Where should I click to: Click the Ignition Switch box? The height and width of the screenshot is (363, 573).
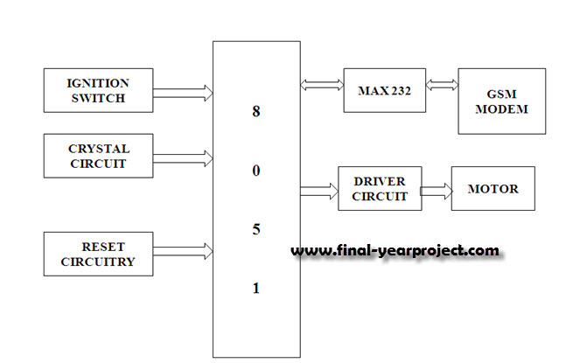coord(98,91)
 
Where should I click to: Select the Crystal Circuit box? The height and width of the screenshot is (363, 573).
coord(98,157)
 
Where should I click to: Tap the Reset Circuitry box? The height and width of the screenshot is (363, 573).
coord(98,253)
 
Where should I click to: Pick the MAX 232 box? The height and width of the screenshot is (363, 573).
coord(384,90)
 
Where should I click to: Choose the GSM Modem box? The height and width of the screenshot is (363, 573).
coord(501,101)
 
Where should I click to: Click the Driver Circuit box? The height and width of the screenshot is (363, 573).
coord(380,188)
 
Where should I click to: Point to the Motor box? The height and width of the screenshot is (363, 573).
coord(493,188)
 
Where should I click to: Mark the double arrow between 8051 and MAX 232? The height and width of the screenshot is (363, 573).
coord(321,86)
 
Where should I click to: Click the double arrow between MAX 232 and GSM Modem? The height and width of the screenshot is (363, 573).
coord(441,86)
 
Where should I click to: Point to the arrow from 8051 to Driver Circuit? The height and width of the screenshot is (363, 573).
coord(318,189)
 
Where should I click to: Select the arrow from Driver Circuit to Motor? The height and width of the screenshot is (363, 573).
coord(436,190)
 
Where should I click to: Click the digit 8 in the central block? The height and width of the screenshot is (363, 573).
coord(256,112)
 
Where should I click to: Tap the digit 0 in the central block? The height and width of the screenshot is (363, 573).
coord(256,171)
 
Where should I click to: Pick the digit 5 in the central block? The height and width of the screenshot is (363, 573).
coord(256,229)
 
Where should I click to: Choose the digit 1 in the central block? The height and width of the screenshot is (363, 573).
coord(256,288)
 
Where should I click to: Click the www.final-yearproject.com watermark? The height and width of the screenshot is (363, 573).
coord(395,251)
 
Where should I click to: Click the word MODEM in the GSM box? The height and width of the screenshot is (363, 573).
coord(501,110)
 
